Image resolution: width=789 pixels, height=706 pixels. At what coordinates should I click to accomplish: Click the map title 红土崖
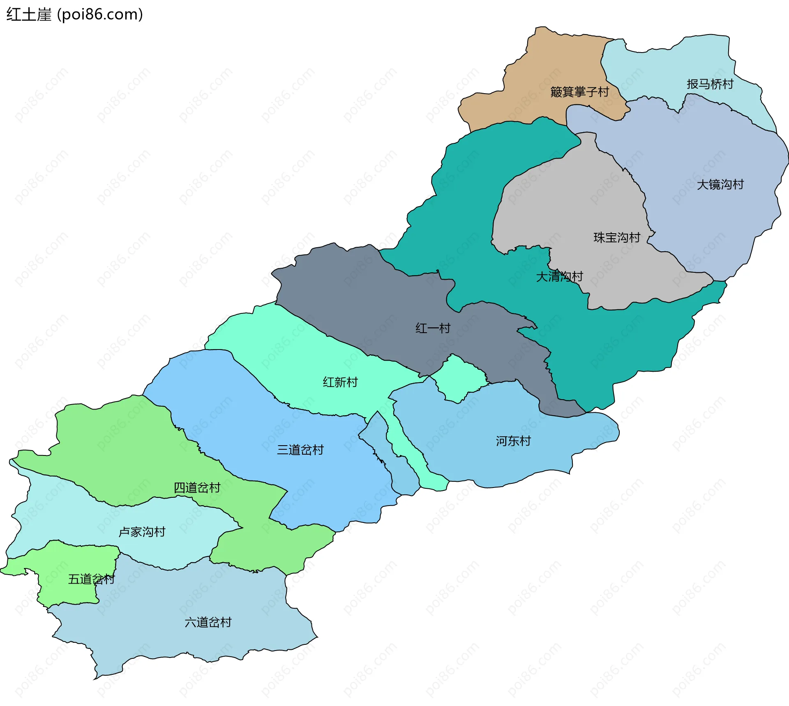point(29,15)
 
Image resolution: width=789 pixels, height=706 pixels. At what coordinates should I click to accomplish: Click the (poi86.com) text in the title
point(100,15)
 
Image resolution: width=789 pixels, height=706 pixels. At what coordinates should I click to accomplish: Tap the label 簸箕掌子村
point(579,92)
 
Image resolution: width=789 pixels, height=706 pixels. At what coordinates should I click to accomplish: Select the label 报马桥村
point(710,84)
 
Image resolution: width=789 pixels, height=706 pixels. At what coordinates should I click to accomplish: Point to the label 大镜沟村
point(720,184)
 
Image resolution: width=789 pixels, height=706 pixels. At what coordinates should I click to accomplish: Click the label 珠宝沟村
point(617,237)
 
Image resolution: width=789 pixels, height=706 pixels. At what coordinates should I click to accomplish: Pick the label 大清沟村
point(559,276)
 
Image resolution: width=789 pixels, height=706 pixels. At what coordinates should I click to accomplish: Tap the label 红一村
point(433,328)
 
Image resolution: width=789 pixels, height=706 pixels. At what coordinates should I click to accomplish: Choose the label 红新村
point(340,382)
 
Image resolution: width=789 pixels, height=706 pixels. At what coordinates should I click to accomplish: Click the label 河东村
point(513,441)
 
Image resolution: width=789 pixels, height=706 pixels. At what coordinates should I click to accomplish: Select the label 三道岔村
point(300,450)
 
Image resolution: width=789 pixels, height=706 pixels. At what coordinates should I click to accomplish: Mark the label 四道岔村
point(197,488)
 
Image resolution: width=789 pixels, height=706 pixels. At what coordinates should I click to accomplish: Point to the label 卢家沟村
point(142,532)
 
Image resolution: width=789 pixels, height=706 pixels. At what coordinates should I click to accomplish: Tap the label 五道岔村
point(91,579)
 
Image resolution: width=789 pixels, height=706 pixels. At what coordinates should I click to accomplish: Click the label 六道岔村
point(208,622)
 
